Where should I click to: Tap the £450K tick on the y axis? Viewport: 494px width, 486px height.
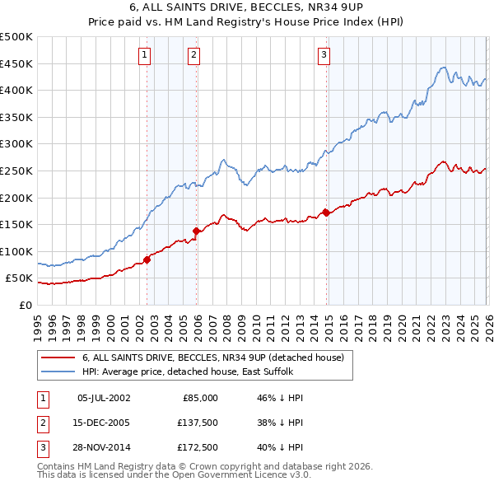(x=16, y=63)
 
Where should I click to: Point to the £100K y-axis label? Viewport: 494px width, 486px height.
(x=16, y=251)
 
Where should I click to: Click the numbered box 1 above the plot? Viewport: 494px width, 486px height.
(x=145, y=55)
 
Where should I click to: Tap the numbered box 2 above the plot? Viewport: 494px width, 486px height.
(x=193, y=55)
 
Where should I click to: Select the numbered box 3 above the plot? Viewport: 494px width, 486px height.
(x=324, y=55)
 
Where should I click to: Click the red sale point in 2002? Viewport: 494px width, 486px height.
(x=147, y=259)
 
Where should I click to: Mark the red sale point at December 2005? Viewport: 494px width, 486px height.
(x=197, y=231)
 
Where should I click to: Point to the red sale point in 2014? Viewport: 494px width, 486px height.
(x=326, y=213)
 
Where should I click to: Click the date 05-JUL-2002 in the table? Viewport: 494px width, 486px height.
(x=103, y=397)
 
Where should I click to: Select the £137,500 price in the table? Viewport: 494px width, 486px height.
(x=198, y=423)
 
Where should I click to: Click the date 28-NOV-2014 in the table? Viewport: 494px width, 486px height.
(x=103, y=450)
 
